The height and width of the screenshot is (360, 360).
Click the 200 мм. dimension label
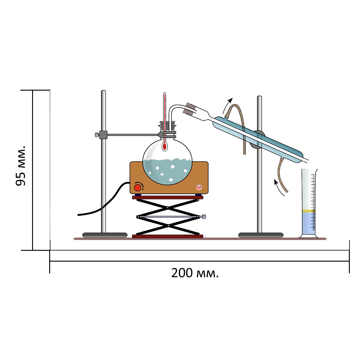point(195,273)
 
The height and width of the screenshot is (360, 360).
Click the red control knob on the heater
point(138,187)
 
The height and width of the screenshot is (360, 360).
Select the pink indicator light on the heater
point(199,187)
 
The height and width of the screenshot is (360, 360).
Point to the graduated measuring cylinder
point(308,203)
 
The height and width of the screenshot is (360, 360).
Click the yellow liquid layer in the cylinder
point(308,211)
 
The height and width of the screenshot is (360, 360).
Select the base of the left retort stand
point(105,235)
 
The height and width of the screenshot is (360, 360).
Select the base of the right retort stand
point(261,235)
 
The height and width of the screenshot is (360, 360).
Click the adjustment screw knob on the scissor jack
point(204,217)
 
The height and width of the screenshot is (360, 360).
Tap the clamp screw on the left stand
point(97,135)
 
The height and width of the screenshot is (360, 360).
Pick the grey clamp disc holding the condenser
point(258,139)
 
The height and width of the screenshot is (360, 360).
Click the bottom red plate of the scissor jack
point(167,236)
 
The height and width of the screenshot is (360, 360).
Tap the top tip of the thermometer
point(164,92)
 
